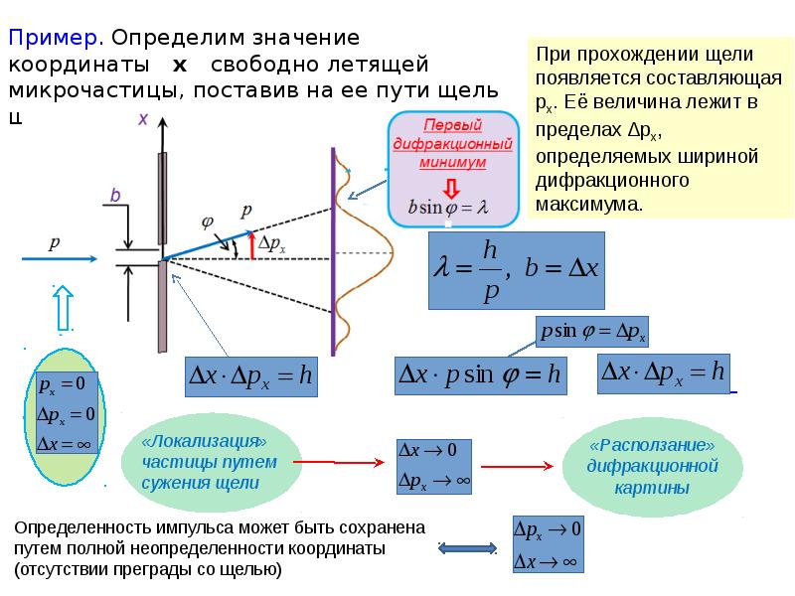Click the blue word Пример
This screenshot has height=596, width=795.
[x=57, y=38]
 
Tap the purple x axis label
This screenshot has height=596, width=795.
[x=143, y=119]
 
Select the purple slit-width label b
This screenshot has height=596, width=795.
[x=115, y=195]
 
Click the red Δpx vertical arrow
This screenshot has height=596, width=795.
[x=252, y=245]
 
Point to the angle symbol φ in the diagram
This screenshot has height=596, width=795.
[x=208, y=222]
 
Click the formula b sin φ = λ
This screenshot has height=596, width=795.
[x=448, y=207]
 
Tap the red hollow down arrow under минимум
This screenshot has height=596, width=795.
[x=451, y=188]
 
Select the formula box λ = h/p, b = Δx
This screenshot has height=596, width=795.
[x=516, y=270]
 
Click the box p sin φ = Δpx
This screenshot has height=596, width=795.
[x=591, y=332]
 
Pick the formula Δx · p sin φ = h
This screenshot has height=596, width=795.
[x=480, y=375]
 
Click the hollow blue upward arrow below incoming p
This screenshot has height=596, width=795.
[x=64, y=307]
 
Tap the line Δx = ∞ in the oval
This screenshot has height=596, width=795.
[x=65, y=444]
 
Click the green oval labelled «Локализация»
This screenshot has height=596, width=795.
[x=211, y=462]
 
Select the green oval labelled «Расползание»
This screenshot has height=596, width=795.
[x=653, y=467]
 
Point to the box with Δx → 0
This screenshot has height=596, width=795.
[x=434, y=466]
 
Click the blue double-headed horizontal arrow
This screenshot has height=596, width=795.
[x=467, y=548]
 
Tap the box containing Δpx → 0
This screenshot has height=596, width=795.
[x=549, y=544]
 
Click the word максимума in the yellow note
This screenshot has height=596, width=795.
[x=589, y=205]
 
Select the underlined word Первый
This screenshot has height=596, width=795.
[x=452, y=125]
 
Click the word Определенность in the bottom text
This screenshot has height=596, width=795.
[x=82, y=527]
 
